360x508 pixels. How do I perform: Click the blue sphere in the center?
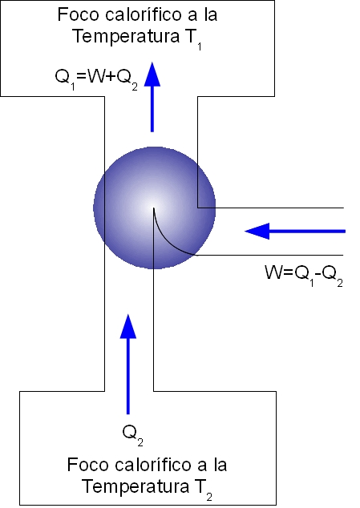(x=155, y=208)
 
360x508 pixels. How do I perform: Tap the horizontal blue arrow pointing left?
(x=295, y=231)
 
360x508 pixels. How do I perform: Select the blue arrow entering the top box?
(x=152, y=97)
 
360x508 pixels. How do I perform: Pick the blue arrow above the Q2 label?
(x=128, y=364)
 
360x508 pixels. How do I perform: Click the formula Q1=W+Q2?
(x=96, y=79)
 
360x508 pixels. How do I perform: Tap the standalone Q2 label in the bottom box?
(x=132, y=434)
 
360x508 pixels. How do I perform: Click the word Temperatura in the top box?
(x=126, y=36)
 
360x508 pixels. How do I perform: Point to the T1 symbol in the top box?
(x=193, y=38)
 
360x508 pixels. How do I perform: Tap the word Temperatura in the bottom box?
(x=136, y=486)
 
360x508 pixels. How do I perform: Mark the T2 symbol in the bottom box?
(x=204, y=489)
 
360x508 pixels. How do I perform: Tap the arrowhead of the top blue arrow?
(x=152, y=75)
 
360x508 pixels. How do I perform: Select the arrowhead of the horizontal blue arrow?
(x=257, y=231)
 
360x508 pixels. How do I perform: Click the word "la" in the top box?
(x=211, y=15)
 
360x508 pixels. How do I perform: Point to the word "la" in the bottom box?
(x=220, y=465)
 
